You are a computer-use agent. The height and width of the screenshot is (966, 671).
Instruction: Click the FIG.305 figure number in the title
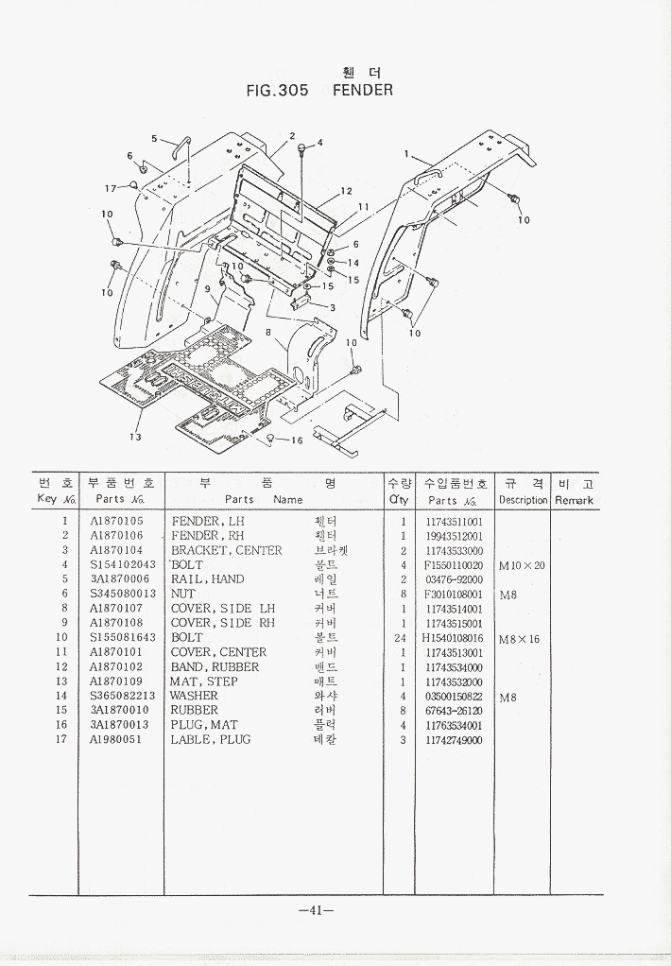click(277, 91)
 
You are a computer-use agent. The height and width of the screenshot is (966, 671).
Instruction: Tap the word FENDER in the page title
click(363, 91)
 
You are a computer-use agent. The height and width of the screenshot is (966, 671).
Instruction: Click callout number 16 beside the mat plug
click(296, 440)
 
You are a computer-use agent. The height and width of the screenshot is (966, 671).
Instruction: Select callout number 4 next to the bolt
click(319, 143)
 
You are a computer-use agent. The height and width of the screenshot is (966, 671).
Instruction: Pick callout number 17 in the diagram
click(111, 187)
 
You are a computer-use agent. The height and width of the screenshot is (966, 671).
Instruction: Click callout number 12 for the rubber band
click(346, 192)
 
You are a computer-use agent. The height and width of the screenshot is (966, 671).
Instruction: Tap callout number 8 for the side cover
click(268, 332)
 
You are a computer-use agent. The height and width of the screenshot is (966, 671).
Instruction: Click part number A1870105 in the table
click(116, 521)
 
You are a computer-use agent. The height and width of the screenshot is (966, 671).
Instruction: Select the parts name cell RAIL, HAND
click(207, 579)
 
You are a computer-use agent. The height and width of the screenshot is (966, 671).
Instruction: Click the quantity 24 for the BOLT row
click(403, 638)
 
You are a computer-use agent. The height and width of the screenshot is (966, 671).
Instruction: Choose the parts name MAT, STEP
click(203, 681)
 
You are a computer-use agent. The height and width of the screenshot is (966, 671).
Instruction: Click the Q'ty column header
click(398, 500)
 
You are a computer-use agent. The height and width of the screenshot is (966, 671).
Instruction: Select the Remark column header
click(574, 500)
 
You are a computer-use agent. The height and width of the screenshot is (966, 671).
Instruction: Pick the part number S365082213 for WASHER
click(123, 696)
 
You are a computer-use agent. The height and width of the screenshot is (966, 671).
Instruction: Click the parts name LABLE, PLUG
click(210, 740)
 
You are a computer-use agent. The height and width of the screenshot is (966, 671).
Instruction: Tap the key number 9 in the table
click(64, 623)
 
